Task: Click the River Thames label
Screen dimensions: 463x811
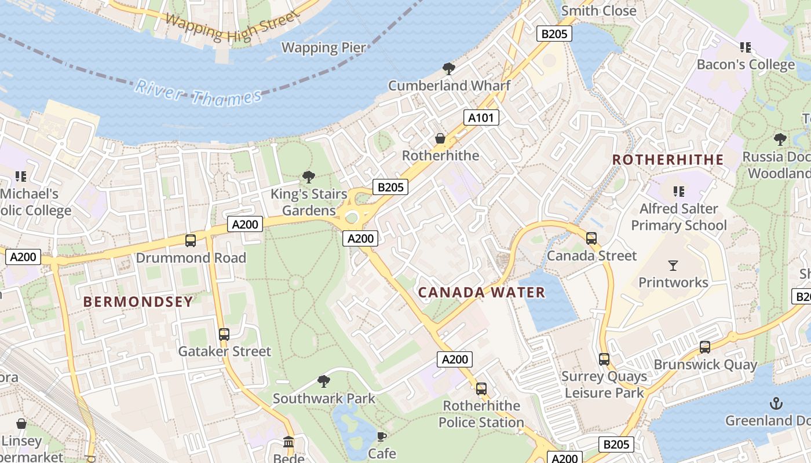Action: click(198, 94)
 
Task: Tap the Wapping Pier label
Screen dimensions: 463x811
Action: click(324, 47)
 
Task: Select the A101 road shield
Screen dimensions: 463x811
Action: click(481, 118)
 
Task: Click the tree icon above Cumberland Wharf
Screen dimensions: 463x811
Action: click(448, 69)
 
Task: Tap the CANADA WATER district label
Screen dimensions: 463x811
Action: click(481, 292)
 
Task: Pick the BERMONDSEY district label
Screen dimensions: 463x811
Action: click(138, 302)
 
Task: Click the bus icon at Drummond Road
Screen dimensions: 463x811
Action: click(190, 241)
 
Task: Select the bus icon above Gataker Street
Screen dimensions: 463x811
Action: click(224, 335)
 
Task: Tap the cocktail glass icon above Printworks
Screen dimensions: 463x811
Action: click(673, 266)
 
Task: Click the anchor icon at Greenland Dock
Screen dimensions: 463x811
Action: click(776, 403)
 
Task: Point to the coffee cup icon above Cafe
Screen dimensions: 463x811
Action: click(381, 436)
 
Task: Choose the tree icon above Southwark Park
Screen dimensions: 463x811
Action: click(324, 381)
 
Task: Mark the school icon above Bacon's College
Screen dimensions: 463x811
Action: click(745, 47)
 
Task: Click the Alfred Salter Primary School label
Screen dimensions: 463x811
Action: click(678, 217)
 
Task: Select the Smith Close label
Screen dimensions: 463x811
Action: click(598, 10)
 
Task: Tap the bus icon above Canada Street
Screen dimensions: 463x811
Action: click(591, 238)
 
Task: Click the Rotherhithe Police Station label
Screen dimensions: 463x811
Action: click(481, 414)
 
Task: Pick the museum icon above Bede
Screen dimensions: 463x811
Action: click(288, 443)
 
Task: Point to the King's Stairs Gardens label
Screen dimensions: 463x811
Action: click(309, 202)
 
